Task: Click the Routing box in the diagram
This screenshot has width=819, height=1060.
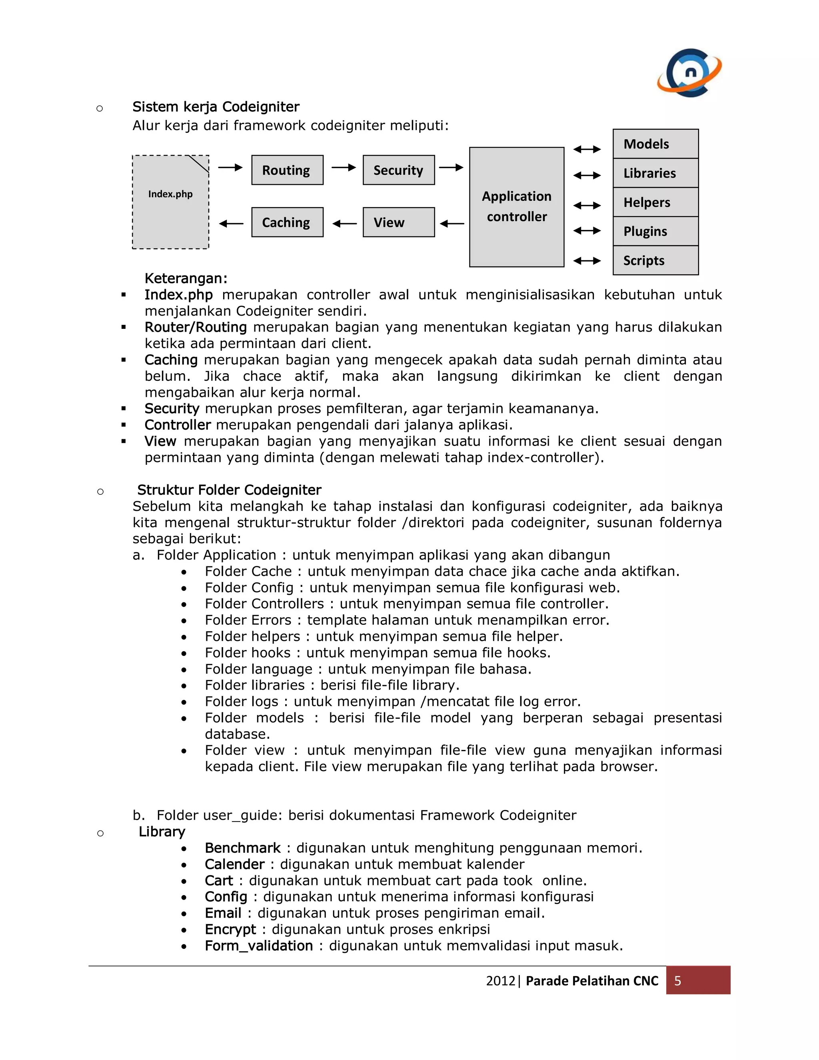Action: pyautogui.click(x=287, y=170)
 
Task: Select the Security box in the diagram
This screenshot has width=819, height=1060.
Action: pyautogui.click(x=398, y=170)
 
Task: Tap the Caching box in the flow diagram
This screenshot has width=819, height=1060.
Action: pyautogui.click(x=287, y=222)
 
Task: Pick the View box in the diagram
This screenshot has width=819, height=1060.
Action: pyautogui.click(x=398, y=222)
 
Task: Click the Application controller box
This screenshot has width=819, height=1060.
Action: pyautogui.click(x=516, y=207)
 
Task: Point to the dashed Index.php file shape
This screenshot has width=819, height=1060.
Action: pyautogui.click(x=170, y=202)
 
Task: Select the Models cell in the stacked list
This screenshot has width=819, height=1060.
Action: pyautogui.click(x=655, y=144)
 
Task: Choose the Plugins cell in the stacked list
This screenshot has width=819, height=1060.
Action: pyautogui.click(x=655, y=232)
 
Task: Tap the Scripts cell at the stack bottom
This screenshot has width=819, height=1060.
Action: pyautogui.click(x=655, y=261)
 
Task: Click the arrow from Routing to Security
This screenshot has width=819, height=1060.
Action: pyautogui.click(x=344, y=168)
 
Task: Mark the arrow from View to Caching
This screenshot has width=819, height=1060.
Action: pyautogui.click(x=344, y=224)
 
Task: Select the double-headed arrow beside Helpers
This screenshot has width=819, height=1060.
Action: pyautogui.click(x=587, y=206)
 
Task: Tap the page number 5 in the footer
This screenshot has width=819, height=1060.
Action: pyautogui.click(x=677, y=981)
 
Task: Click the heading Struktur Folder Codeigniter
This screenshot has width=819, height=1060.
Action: pyautogui.click(x=229, y=490)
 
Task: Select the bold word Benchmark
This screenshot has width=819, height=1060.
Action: pyautogui.click(x=243, y=848)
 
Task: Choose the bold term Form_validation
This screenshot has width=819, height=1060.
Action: pyautogui.click(x=259, y=946)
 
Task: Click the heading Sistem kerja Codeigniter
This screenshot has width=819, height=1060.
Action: pyautogui.click(x=216, y=107)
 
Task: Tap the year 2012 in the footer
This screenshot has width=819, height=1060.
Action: pyautogui.click(x=500, y=981)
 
